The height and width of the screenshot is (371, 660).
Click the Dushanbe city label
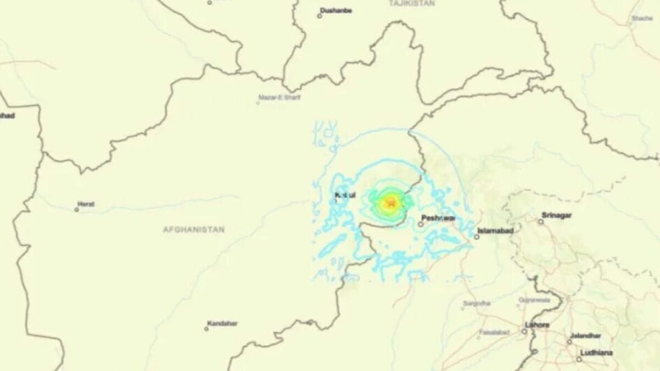tap(335, 10)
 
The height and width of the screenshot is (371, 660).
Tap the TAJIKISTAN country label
tap(412, 3)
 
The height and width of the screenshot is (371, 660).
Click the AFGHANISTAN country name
tap(194, 229)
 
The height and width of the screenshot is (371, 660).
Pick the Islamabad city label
tap(496, 231)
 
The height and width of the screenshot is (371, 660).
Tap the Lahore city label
tap(537, 325)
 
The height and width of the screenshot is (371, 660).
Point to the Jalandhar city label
tap(585, 335)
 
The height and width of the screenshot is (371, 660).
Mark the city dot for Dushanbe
tap(320, 15)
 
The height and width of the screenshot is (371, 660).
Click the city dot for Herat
tap(77, 209)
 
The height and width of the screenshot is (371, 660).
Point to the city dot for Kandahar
tap(207, 328)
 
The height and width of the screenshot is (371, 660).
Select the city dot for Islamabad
tap(477, 236)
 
